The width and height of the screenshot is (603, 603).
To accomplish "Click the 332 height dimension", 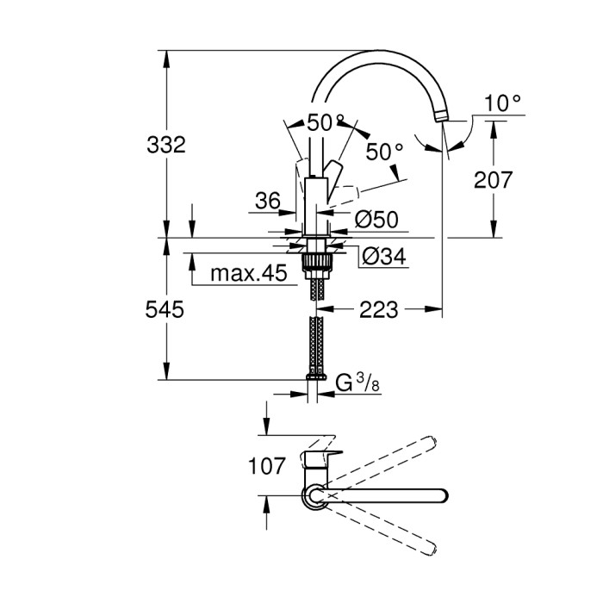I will pyautogui.click(x=165, y=145).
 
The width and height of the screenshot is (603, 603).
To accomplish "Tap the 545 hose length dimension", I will pyautogui.click(x=165, y=309).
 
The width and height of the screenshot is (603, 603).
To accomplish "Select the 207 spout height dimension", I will pyautogui.click(x=493, y=179).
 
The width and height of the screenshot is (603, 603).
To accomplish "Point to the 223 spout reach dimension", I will pyautogui.click(x=380, y=309).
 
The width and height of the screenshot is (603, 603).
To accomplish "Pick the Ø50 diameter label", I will pyautogui.click(x=376, y=221).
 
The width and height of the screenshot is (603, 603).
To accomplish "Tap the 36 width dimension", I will pyautogui.click(x=268, y=202).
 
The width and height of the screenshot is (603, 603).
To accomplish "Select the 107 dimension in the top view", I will pyautogui.click(x=266, y=466).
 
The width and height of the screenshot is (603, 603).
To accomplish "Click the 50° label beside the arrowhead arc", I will pyautogui.click(x=384, y=152).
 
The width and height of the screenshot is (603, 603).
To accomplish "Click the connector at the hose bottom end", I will pyautogui.click(x=316, y=376).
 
